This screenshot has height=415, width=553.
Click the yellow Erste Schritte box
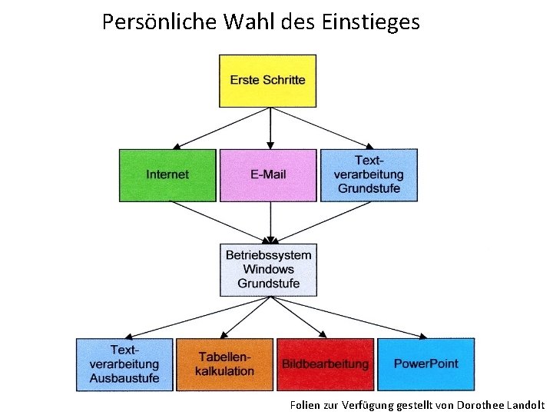pyautogui.click(x=267, y=81)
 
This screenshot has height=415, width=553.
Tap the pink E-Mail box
pyautogui.click(x=268, y=175)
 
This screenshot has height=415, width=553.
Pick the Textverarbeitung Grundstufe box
pyautogui.click(x=369, y=175)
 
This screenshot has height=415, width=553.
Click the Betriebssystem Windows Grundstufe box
pyautogui.click(x=268, y=270)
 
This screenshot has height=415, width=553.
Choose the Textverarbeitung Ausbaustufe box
pyautogui.click(x=124, y=364)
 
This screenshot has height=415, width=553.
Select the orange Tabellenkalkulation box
pyautogui.click(x=224, y=364)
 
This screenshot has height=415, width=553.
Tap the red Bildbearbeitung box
pyautogui.click(x=325, y=364)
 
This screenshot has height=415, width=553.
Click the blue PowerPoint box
pyautogui.click(x=426, y=364)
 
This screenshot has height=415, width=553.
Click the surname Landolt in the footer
pyautogui.click(x=525, y=404)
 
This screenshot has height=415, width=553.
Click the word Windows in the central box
pyautogui.click(x=268, y=270)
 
